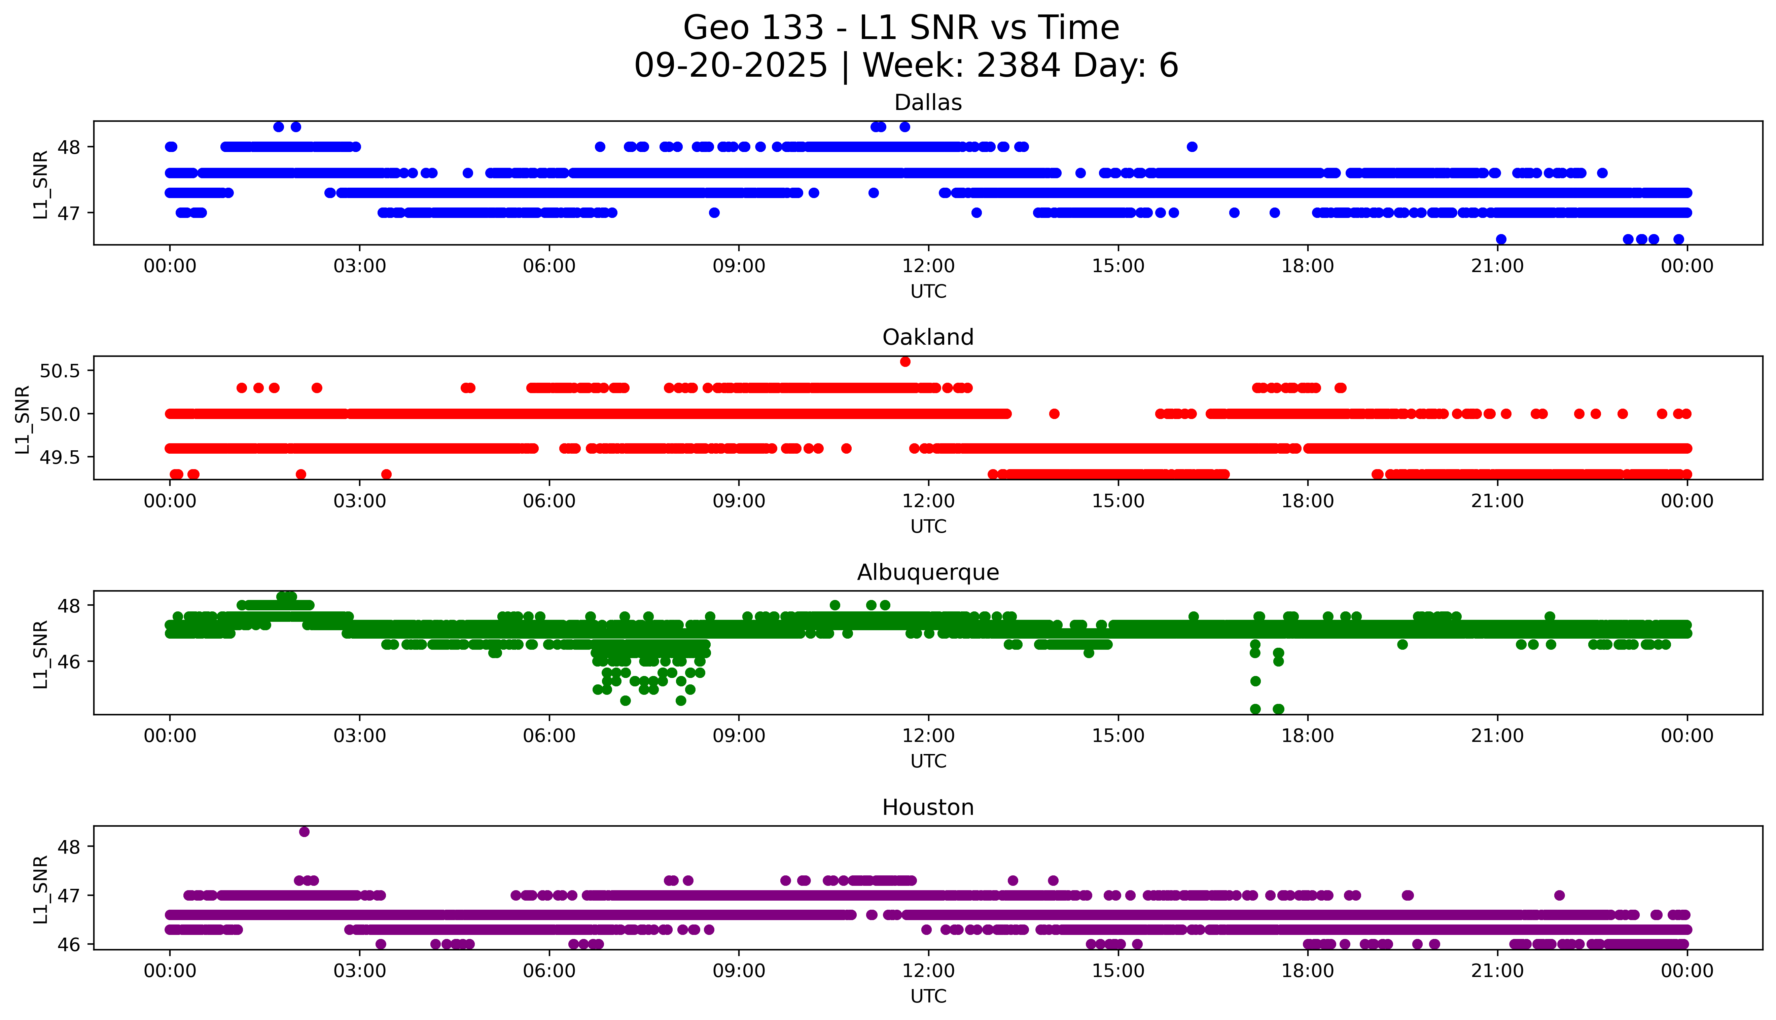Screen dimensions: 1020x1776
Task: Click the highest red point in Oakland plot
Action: tap(905, 362)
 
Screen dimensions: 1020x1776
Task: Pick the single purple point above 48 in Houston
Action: tap(304, 832)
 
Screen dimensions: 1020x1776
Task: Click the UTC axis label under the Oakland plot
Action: tap(928, 526)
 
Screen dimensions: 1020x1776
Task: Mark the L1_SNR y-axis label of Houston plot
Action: tap(41, 888)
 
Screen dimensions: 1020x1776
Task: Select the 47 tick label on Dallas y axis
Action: tap(69, 213)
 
